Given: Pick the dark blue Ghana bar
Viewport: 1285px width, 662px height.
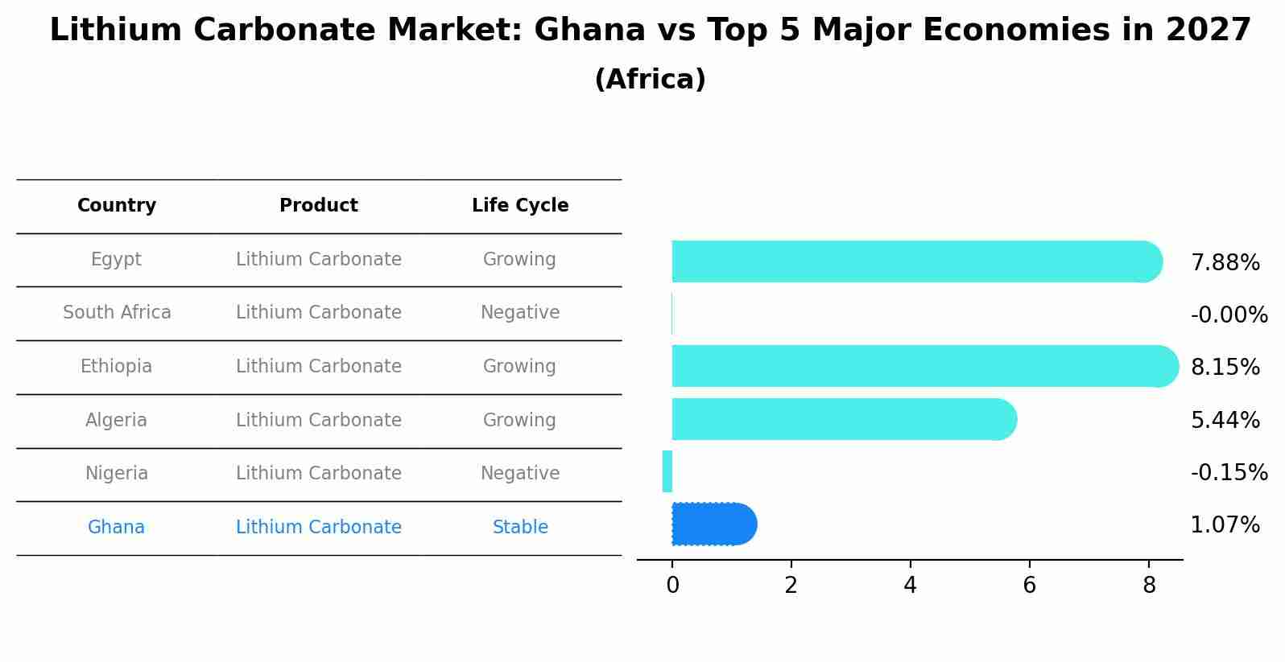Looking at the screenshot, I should [x=713, y=524].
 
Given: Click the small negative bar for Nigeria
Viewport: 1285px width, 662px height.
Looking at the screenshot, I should [x=667, y=471].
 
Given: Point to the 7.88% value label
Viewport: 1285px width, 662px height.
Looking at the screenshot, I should [x=1225, y=263].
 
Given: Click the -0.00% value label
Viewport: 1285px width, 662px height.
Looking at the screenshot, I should [x=1229, y=315].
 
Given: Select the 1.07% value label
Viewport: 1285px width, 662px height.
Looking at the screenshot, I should [x=1225, y=525].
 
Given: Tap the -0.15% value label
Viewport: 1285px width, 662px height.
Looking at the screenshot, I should [x=1229, y=473].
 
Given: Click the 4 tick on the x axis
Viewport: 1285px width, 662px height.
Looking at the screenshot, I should [x=910, y=586].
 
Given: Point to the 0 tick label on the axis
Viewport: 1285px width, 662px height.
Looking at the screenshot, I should [x=672, y=586].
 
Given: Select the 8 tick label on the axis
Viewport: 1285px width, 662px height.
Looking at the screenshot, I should [x=1149, y=586].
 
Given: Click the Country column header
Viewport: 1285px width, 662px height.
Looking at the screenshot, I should [x=117, y=206].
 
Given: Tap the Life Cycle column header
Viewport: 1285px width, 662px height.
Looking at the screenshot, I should [x=520, y=206].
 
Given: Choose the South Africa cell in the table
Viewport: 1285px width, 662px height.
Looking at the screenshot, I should [x=117, y=313].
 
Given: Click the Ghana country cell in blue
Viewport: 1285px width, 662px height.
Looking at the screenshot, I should [x=117, y=528].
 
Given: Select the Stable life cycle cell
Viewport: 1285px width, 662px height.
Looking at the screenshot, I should [x=520, y=528].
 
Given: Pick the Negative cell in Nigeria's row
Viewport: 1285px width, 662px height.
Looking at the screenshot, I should [x=520, y=474].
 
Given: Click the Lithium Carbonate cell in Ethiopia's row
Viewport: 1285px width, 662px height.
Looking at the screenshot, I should [x=319, y=367].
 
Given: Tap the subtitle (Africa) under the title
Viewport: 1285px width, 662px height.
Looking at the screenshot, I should [x=650, y=80].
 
